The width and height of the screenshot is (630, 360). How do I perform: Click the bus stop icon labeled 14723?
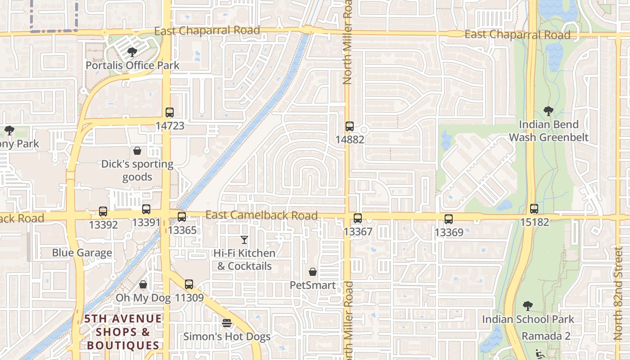pos(170,112)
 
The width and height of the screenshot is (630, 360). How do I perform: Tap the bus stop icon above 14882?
pos(350,126)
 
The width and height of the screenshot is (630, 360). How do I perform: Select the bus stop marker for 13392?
pos(103,211)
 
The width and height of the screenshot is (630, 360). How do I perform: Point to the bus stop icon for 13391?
pos(146,209)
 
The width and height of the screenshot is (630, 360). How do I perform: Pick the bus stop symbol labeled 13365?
pos(182,217)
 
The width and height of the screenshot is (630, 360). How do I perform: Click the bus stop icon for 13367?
pos(358,218)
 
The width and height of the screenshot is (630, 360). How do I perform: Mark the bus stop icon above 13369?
pos(449,219)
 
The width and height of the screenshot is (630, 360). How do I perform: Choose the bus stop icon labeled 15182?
pos(534,209)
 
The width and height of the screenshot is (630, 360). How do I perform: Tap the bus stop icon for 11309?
pos(189,284)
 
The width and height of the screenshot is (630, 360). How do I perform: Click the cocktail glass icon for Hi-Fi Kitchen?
pos(244,240)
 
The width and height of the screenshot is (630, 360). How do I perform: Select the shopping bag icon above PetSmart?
pos(313,272)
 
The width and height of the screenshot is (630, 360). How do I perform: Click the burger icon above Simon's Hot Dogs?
pos(227,323)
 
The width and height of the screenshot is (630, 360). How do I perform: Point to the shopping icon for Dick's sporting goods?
pos(137,151)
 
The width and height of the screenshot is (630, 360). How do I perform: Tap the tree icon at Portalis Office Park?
pos(132,52)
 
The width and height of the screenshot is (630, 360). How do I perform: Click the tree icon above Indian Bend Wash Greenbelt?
pos(549,111)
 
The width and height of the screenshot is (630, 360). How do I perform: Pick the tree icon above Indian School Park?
pos(528,306)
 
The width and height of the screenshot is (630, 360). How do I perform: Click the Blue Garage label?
pos(82,253)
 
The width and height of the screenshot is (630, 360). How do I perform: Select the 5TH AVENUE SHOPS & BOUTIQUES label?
pos(123,332)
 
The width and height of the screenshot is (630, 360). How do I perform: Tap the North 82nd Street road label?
pos(619,292)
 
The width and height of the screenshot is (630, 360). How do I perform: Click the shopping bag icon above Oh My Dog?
pos(143,284)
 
